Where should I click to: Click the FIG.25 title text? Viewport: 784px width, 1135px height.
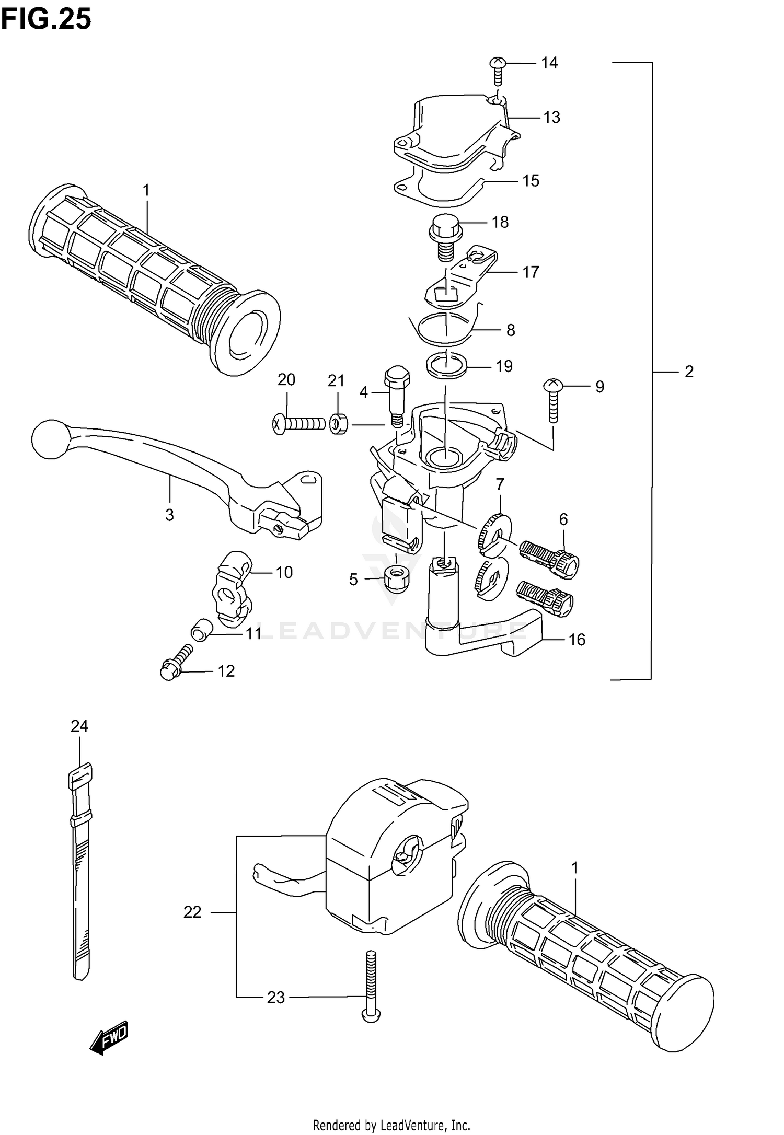coord(46,20)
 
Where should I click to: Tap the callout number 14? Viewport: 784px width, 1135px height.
coord(549,63)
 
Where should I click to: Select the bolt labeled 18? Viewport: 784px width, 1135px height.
coord(445,238)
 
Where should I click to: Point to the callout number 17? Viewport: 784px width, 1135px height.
coord(531,272)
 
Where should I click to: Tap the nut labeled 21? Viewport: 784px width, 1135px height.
coord(339,424)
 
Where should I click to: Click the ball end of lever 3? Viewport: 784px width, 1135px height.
coord(50,439)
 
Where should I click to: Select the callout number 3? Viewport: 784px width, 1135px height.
coord(169,515)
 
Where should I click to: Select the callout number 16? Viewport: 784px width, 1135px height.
coord(577,640)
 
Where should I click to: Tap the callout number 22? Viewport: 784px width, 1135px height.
coord(192,912)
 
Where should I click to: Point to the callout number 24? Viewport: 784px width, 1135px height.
coord(79,726)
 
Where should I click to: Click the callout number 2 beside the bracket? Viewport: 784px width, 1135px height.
coord(689,372)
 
